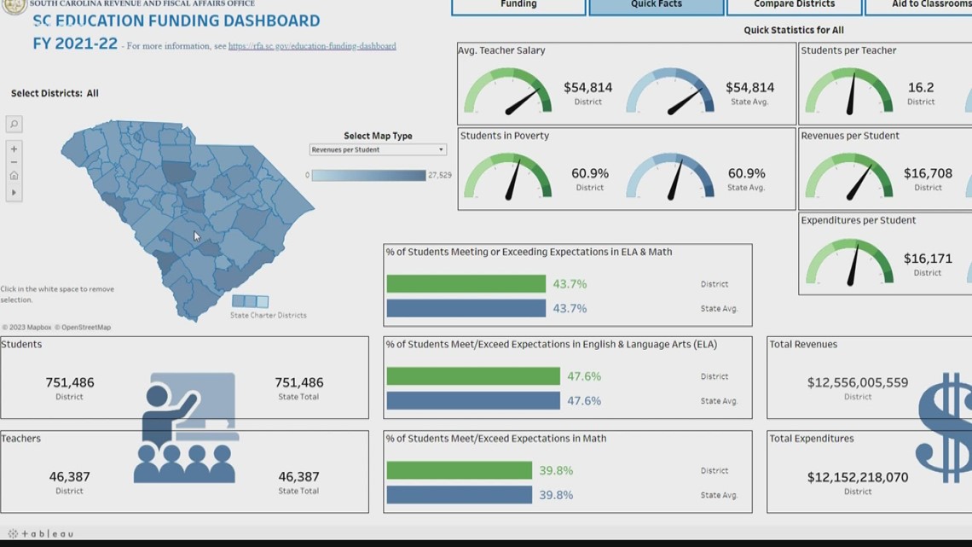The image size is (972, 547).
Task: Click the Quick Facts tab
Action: click(x=656, y=6)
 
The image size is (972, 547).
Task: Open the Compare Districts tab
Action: click(x=794, y=6)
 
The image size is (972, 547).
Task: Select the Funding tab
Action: click(x=518, y=6)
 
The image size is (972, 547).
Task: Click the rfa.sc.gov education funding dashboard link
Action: click(x=312, y=46)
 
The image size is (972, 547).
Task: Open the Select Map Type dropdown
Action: click(x=378, y=149)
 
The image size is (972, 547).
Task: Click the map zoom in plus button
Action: click(x=14, y=148)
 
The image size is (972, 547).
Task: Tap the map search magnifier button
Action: click(x=14, y=125)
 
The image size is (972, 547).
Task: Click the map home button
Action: click(x=14, y=176)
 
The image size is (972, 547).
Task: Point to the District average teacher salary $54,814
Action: click(x=587, y=87)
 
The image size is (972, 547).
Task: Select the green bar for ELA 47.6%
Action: click(x=472, y=375)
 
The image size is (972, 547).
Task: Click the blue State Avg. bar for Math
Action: click(x=459, y=495)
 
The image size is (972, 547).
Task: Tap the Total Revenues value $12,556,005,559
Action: click(x=858, y=383)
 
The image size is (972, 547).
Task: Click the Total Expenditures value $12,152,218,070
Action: click(x=858, y=477)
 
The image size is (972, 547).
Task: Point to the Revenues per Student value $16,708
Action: click(x=928, y=173)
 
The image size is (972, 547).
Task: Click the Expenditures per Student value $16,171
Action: click(x=928, y=259)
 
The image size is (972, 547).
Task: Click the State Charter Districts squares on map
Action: click(x=251, y=301)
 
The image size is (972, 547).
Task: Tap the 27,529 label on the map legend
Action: click(x=440, y=175)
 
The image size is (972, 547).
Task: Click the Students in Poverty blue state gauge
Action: click(x=670, y=177)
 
